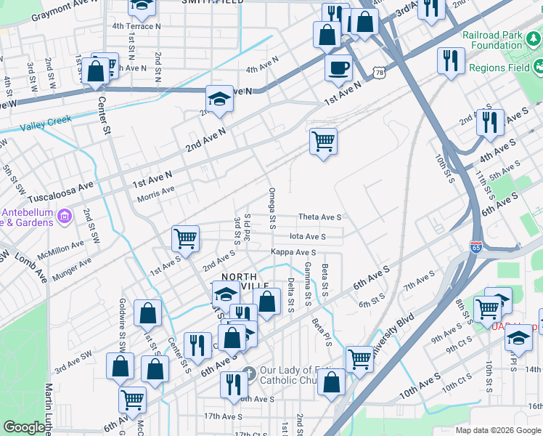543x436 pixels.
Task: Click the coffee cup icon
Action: pos(338,69)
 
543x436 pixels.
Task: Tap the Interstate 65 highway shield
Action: pos(476,247)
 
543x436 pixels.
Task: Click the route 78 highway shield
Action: pos(380,72)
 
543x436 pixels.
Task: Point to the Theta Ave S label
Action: pos(319,217)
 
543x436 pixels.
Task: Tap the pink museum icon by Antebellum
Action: pos(64,216)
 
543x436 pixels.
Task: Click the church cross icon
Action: pos(248,373)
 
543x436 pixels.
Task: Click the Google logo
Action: pos(24,428)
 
